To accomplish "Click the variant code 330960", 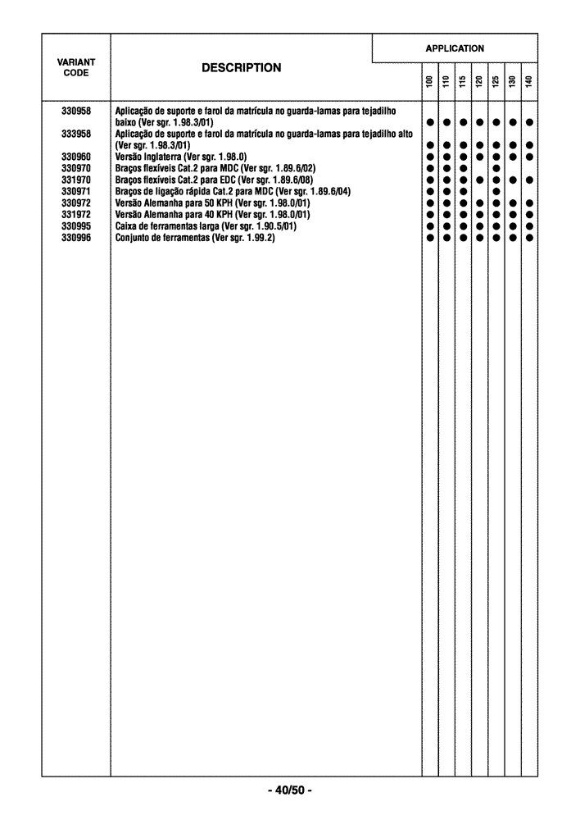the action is click(x=75, y=156).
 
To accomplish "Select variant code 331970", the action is click(x=75, y=179).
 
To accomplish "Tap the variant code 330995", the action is click(x=75, y=225).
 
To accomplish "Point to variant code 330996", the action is click(x=75, y=237).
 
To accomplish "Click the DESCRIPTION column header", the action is click(x=241, y=68).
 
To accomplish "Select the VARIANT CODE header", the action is click(x=75, y=67).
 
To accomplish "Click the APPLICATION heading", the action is click(x=455, y=48).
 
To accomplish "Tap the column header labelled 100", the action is click(x=429, y=82).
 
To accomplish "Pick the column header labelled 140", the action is click(x=529, y=82).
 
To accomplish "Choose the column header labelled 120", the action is click(x=479, y=82).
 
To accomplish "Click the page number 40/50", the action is click(x=289, y=790).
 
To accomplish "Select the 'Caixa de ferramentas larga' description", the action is click(x=206, y=225).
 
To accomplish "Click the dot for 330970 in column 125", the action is click(x=496, y=168).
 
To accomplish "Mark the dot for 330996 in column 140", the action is click(x=529, y=238).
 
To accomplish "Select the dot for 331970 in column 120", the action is click(x=479, y=180).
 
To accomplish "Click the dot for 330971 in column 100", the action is click(x=429, y=191).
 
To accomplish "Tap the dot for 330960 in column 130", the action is click(x=513, y=157).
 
